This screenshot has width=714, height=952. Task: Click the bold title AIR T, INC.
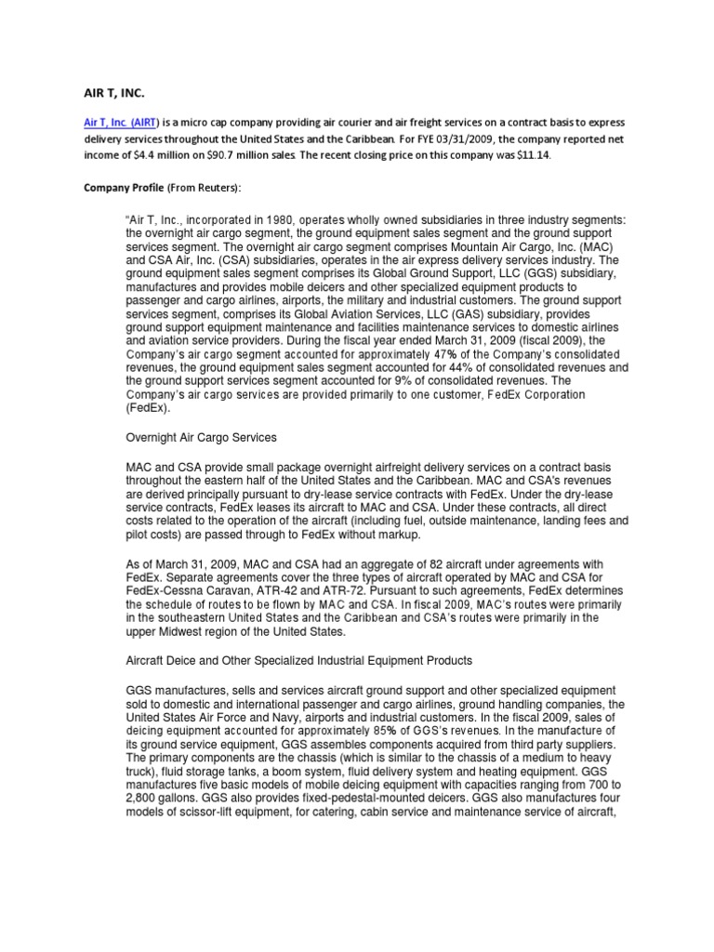[114, 93]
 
